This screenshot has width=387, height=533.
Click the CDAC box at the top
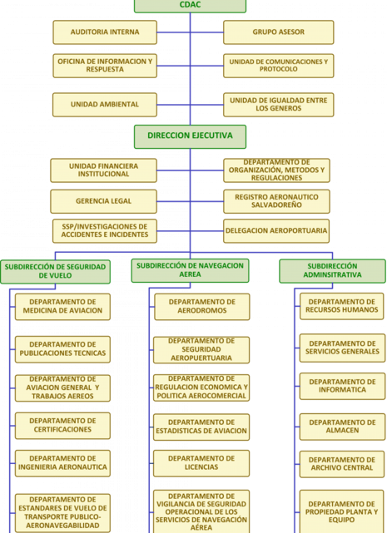(190, 6)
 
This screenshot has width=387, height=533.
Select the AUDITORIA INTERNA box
(105, 32)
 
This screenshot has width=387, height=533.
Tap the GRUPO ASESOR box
(279, 32)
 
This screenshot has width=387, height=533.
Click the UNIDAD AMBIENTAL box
(105, 105)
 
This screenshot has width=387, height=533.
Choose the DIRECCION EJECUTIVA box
(190, 136)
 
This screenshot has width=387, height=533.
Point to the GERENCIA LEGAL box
(103, 201)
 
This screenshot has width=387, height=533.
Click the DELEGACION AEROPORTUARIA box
(276, 231)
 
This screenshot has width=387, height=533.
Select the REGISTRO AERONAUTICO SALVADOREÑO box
(276, 201)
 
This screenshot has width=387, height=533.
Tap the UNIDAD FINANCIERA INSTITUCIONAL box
(103, 170)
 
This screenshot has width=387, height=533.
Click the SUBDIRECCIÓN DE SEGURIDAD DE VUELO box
(55, 272)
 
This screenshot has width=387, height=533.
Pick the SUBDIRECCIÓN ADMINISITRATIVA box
(332, 271)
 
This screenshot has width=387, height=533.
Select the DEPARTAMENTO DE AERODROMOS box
(202, 307)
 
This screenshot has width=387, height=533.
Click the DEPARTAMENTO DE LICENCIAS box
(201, 463)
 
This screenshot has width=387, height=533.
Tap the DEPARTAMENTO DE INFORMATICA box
(342, 386)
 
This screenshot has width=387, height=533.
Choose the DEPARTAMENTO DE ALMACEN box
(342, 427)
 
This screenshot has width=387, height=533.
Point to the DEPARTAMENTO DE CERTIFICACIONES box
(62, 426)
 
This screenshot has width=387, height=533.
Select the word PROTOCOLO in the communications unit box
(279, 69)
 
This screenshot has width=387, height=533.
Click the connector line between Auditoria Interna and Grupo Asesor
(190, 32)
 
